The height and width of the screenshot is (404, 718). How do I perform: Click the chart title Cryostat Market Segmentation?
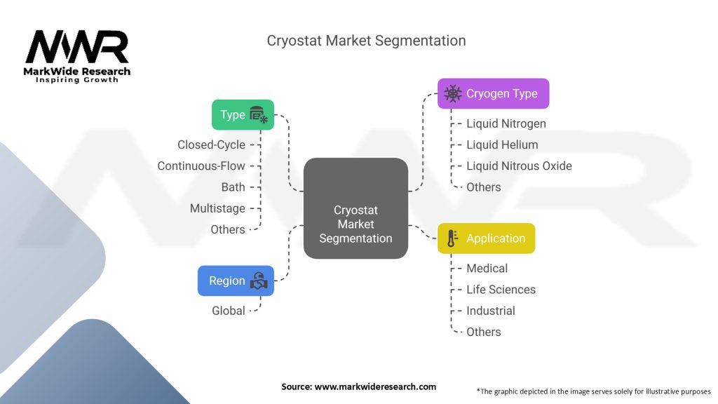366,41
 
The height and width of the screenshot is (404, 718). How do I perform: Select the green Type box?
243,115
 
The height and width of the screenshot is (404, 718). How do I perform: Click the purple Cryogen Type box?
493,93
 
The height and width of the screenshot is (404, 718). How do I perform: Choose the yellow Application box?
486,238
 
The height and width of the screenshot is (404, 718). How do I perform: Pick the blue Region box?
236,281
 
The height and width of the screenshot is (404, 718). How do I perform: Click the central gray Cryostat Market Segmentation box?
355,208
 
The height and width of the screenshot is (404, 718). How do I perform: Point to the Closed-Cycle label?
211,144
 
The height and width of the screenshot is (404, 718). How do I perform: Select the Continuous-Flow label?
201,166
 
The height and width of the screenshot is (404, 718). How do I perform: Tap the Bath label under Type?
233,187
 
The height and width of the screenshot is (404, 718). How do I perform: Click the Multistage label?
217,208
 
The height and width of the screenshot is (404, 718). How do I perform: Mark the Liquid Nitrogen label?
506,123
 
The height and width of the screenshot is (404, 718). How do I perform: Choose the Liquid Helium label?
502,144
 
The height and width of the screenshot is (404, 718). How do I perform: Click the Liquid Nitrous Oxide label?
519,166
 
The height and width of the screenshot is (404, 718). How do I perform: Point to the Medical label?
487,268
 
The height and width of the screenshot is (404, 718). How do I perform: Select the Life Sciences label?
501,289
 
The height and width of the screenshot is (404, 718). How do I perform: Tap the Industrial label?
490,311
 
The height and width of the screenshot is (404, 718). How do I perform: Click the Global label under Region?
229,311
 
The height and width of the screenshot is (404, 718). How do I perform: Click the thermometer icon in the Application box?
452,238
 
